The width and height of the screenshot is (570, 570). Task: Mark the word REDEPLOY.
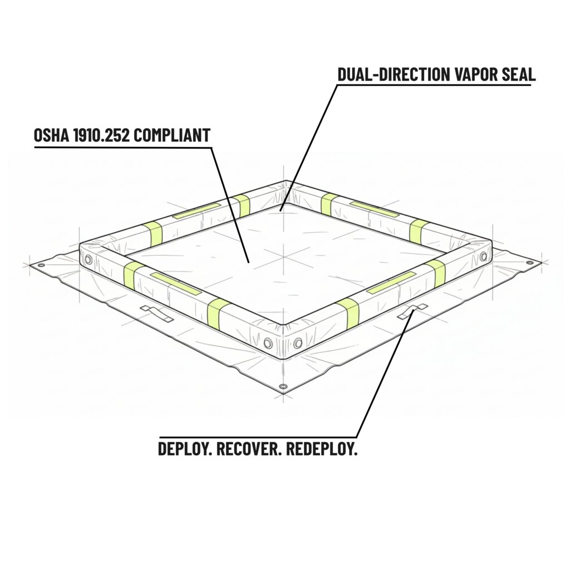click(x=322, y=449)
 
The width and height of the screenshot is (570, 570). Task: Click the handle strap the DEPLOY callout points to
click(x=412, y=312)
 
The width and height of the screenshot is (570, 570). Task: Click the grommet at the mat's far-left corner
click(x=40, y=266)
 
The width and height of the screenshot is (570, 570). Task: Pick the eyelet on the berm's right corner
click(x=483, y=256)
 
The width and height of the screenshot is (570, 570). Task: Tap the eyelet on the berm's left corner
click(x=87, y=259)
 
